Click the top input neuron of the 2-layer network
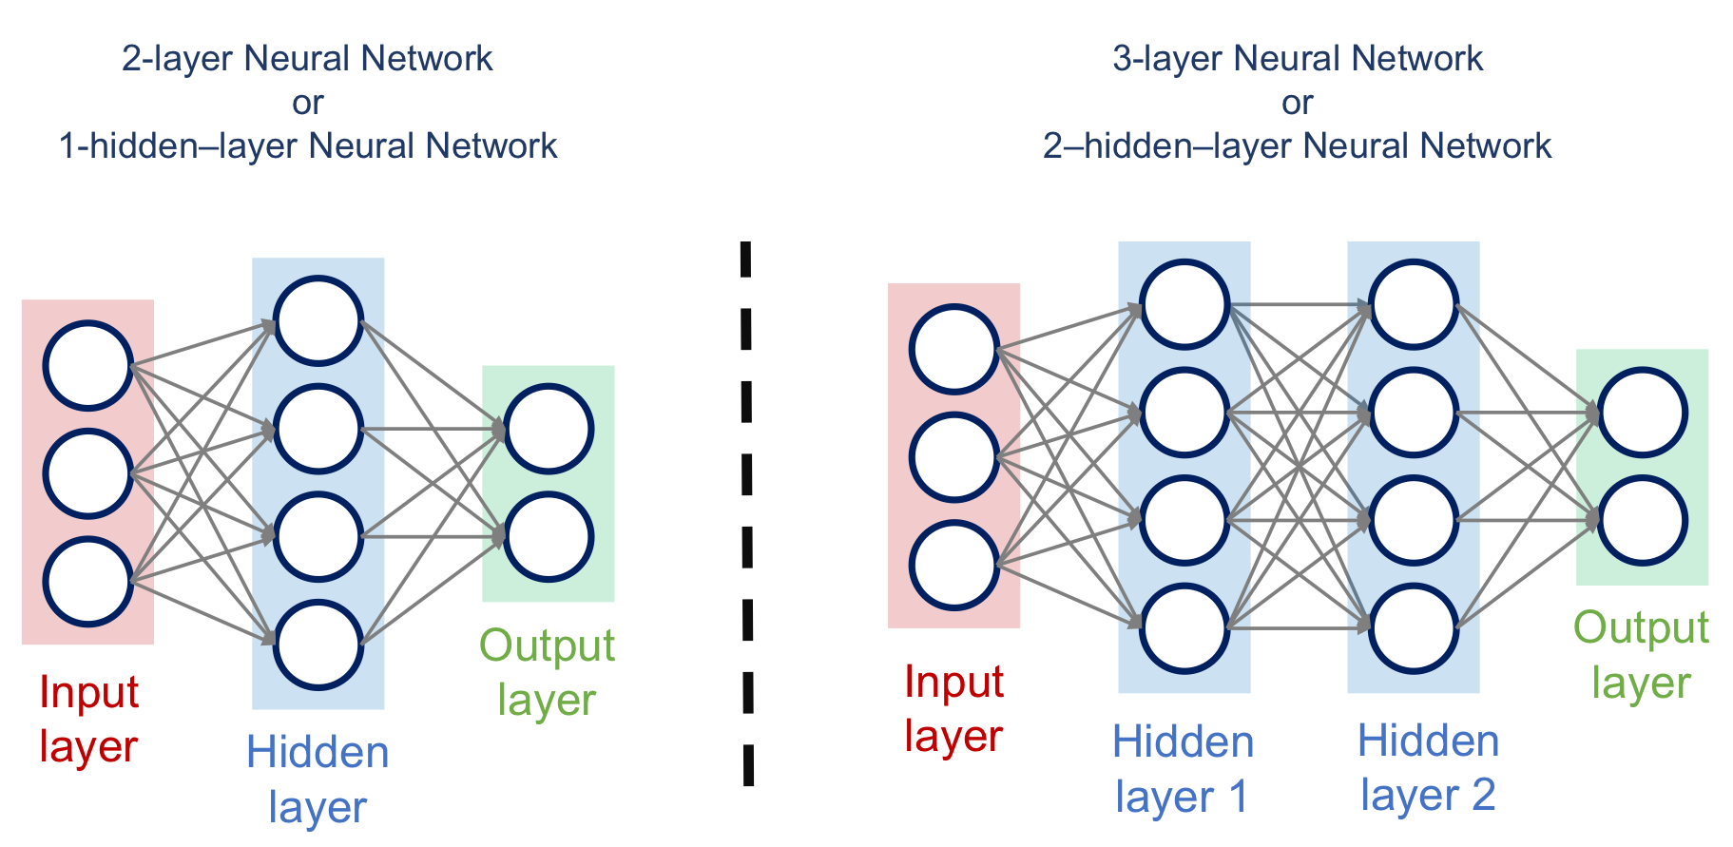click(x=87, y=365)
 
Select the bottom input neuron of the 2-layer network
click(x=87, y=582)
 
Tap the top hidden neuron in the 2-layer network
click(x=318, y=321)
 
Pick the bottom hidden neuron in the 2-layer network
click(x=318, y=645)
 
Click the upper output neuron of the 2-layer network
click(x=549, y=429)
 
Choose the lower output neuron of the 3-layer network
click(x=1643, y=521)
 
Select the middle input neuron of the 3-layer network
click(x=953, y=457)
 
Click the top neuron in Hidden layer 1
click(x=1184, y=305)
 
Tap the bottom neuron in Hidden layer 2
click(x=1414, y=628)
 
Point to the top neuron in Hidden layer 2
click(x=1414, y=305)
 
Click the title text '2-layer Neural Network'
click(x=307, y=59)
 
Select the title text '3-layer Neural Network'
click(x=1298, y=59)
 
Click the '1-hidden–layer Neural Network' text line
click(x=308, y=146)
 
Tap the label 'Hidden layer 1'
click(x=1183, y=769)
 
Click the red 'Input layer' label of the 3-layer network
click(x=953, y=709)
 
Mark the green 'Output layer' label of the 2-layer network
click(x=547, y=673)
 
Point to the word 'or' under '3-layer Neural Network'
click(x=1298, y=103)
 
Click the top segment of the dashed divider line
click(x=746, y=260)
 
